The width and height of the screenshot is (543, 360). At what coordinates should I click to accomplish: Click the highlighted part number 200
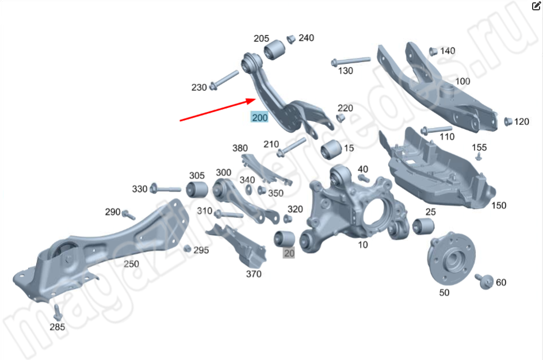[260, 117]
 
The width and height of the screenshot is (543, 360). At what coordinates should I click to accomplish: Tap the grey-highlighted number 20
[289, 254]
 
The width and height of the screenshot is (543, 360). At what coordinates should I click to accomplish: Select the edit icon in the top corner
[536, 6]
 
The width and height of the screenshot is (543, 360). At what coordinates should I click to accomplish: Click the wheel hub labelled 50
[451, 257]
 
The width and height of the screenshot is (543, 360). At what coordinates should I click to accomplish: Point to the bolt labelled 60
[484, 281]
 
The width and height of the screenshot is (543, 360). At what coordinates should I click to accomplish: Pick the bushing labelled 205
[274, 50]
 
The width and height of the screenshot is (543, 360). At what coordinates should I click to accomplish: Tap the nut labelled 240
[291, 39]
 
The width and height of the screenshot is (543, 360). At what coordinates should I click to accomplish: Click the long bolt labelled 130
[350, 62]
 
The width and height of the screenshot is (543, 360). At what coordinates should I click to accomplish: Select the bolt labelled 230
[224, 79]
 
